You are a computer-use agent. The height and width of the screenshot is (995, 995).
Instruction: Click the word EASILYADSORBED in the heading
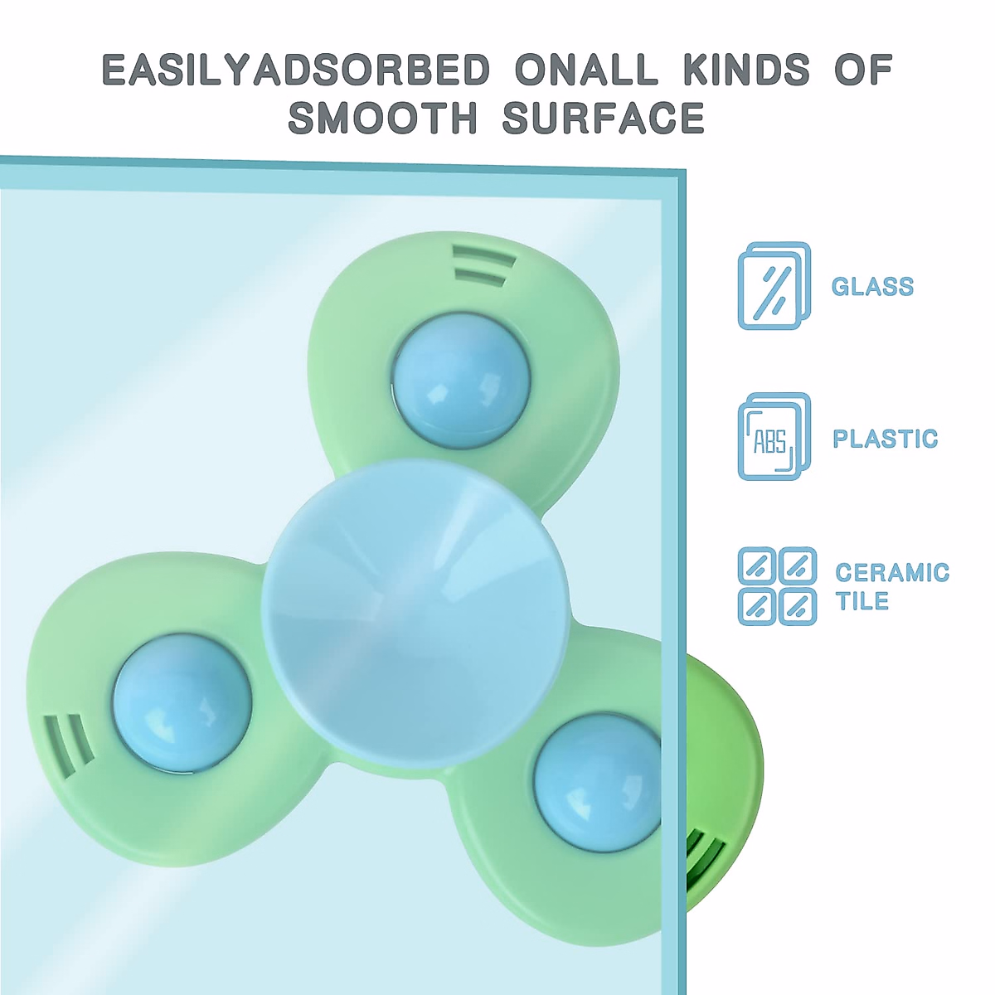(295, 69)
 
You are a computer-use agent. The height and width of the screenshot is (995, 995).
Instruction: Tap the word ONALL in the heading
(587, 69)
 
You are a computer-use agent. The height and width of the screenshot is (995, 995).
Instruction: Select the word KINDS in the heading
(746, 69)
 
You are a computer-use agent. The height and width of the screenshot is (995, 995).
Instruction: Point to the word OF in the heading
(863, 69)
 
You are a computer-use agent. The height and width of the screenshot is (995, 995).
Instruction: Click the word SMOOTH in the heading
(382, 118)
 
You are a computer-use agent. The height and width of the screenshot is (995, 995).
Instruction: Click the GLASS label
(872, 287)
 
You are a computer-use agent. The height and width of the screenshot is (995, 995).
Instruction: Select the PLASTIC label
(886, 439)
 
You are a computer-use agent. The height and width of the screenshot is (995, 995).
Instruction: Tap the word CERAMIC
(893, 573)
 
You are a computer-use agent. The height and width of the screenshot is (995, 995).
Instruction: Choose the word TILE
(862, 601)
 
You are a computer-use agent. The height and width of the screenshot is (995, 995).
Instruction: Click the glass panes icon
(774, 285)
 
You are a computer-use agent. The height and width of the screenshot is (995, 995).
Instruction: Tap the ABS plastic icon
(774, 437)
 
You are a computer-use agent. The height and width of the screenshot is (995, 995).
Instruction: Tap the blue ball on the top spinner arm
(461, 380)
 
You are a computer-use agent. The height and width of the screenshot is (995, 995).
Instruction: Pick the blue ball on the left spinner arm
(182, 703)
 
